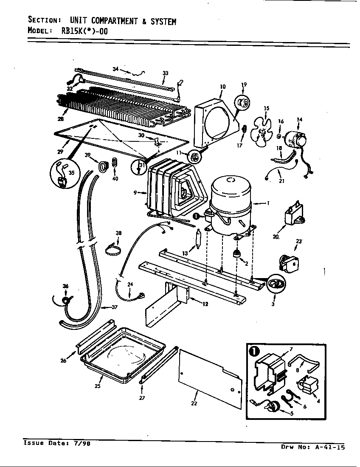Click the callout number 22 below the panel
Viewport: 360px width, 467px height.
click(194, 403)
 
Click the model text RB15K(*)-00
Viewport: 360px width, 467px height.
click(80, 31)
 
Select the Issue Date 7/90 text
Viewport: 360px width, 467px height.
click(56, 443)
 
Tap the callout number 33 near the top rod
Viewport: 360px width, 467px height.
click(166, 73)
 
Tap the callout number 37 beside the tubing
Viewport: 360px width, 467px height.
click(114, 307)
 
